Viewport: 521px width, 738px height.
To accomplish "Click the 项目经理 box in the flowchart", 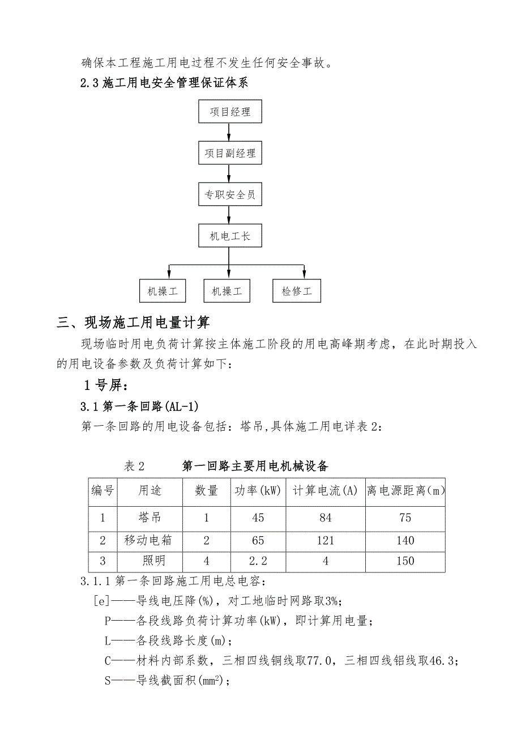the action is pyautogui.click(x=230, y=112).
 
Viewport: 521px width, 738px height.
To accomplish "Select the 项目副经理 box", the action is pyautogui.click(x=230, y=153).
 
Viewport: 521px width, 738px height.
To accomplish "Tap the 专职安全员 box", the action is pyautogui.click(x=230, y=195).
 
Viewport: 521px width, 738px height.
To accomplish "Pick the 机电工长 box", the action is pyautogui.click(x=230, y=236).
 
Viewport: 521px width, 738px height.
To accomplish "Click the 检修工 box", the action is pyautogui.click(x=297, y=291).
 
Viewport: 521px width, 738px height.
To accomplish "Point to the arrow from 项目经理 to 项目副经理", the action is pyautogui.click(x=229, y=132).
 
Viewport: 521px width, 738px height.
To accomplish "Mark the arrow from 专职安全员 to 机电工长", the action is pyautogui.click(x=229, y=215).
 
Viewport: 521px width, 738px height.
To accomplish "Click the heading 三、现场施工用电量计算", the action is pyautogui.click(x=134, y=323).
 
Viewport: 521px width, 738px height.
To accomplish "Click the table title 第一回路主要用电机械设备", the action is pyautogui.click(x=255, y=466).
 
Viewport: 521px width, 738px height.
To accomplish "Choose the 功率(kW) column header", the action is pyautogui.click(x=258, y=491).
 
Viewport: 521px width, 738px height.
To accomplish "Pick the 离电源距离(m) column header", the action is pyautogui.click(x=405, y=491).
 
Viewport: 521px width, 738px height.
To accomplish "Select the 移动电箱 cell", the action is pyautogui.click(x=148, y=540).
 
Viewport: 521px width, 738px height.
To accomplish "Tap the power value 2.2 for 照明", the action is pyautogui.click(x=258, y=561).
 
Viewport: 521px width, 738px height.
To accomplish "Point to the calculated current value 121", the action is pyautogui.click(x=325, y=540).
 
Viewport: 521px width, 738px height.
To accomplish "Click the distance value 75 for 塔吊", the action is pyautogui.click(x=405, y=517).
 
